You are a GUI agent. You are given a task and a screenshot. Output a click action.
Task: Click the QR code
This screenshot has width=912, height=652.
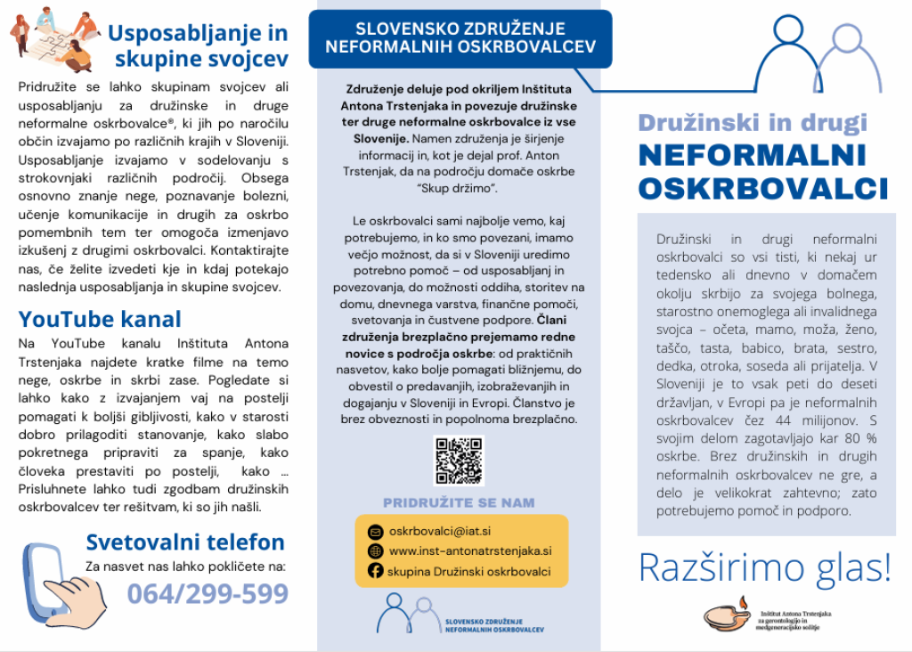459,460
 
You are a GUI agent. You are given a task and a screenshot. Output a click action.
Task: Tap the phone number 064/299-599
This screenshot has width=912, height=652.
208,594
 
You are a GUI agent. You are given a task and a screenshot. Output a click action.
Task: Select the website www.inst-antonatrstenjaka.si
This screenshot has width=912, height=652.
470,551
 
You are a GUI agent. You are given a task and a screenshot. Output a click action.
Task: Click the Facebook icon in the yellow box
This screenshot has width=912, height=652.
375,571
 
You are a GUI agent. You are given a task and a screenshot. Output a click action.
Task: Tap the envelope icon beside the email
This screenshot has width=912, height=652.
375,532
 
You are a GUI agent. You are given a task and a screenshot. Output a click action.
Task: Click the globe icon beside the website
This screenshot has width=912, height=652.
375,551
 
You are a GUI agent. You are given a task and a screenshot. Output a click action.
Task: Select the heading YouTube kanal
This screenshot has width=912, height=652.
100,319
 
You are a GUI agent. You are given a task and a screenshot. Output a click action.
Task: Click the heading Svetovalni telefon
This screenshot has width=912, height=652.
185,542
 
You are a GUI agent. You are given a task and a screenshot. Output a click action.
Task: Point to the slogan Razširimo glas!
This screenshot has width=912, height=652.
764,568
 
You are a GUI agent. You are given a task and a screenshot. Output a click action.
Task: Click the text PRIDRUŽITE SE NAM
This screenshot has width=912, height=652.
459,502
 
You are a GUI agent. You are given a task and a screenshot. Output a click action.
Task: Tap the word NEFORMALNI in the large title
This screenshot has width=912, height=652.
753,155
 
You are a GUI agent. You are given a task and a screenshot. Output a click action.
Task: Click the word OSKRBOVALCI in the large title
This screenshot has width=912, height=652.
763,189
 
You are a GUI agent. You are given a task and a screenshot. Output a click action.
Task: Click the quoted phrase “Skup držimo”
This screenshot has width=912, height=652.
458,189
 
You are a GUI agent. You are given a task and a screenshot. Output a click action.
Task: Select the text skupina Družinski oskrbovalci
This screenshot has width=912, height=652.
468,572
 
